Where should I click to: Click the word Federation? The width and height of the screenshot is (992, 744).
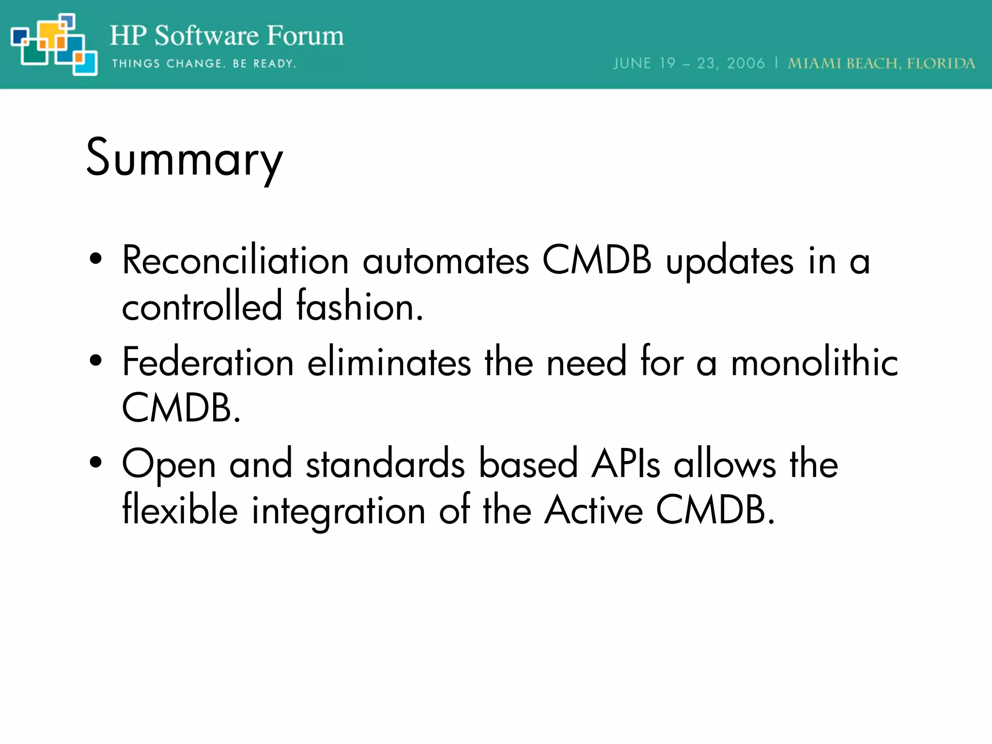pos(208,362)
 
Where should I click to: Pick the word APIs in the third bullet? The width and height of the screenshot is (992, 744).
pos(625,464)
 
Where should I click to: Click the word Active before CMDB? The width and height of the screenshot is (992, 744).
pos(593,511)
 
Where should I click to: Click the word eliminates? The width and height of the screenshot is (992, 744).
pos(389,362)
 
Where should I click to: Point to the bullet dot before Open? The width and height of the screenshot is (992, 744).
pos(96,462)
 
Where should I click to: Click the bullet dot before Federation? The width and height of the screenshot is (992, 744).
pos(96,360)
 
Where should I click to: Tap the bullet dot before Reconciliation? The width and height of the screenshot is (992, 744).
pos(96,259)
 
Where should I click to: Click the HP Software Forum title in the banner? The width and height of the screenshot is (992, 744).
pos(227,36)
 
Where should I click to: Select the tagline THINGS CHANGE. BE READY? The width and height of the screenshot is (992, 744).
pos(204,63)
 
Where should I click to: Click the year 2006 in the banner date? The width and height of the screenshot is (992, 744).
pos(745,63)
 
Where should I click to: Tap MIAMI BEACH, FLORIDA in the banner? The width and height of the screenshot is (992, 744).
pos(881,63)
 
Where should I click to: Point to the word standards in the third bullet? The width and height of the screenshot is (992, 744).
pos(386,464)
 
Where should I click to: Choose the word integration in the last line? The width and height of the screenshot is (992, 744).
pos(338,511)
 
